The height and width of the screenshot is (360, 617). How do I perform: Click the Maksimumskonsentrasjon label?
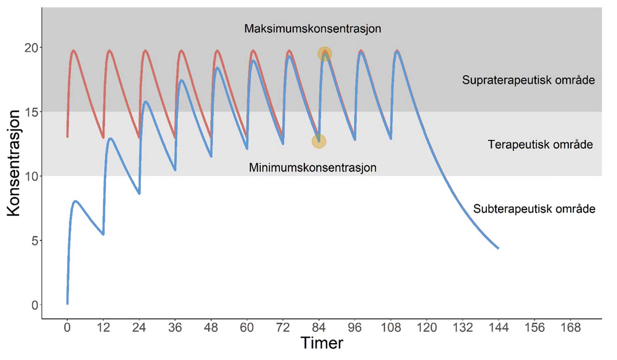[312, 29]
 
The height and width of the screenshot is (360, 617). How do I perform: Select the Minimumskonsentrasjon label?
[312, 167]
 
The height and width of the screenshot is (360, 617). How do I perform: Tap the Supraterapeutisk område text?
[528, 80]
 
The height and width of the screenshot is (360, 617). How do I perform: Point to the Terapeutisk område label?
[540, 144]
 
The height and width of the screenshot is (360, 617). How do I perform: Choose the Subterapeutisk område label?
[534, 209]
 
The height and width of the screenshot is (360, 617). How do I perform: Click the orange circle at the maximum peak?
[325, 54]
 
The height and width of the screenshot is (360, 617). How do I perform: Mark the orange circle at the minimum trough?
[319, 141]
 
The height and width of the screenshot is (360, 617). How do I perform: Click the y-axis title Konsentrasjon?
[13, 163]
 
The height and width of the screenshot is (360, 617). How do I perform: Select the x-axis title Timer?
[322, 343]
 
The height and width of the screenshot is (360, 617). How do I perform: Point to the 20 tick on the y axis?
[31, 48]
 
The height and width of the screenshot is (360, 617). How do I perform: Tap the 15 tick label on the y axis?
[31, 112]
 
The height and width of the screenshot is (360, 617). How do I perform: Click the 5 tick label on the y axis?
[35, 241]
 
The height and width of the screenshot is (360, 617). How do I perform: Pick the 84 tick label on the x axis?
[319, 328]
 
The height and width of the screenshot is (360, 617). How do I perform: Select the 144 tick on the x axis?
[498, 328]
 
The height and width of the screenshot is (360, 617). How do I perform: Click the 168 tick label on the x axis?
[570, 328]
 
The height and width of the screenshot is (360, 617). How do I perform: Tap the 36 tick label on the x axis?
[175, 328]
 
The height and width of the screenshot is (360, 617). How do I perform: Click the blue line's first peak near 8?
[75, 202]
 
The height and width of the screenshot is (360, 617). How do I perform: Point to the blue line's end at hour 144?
[498, 248]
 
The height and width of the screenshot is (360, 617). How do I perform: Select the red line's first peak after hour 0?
[74, 50]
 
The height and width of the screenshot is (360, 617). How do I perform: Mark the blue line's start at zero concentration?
[67, 303]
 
